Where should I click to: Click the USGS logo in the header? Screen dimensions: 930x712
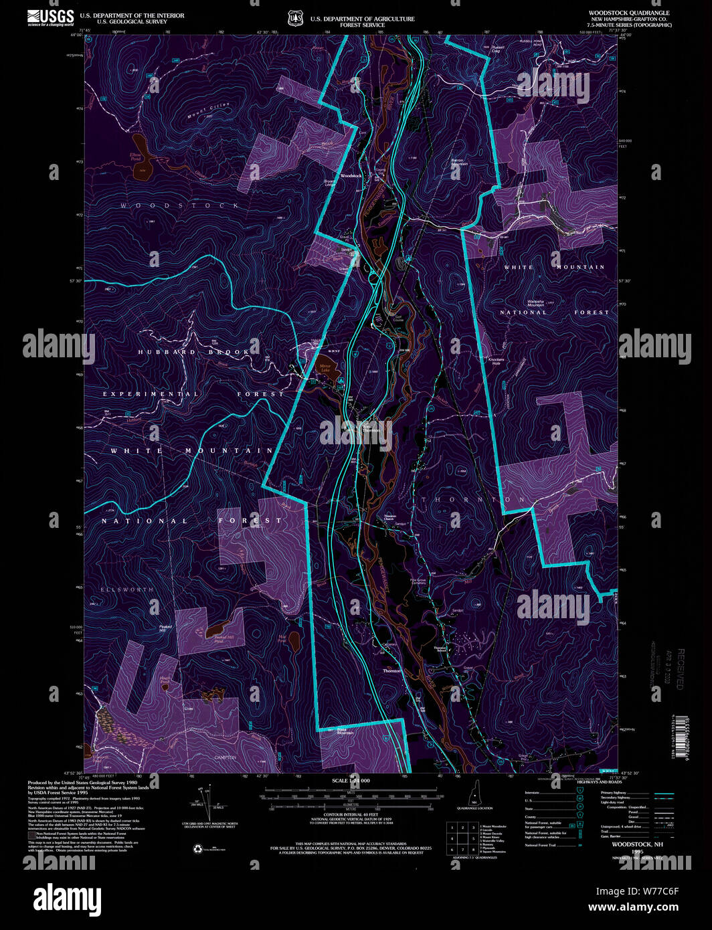(x=50, y=17)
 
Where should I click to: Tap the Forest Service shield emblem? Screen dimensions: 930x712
(x=295, y=18)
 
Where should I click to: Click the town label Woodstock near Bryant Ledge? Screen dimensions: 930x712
(x=351, y=176)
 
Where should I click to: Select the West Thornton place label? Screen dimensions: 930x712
(x=370, y=428)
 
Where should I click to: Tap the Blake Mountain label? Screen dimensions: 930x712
(x=345, y=733)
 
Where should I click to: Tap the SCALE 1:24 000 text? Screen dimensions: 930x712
(x=351, y=781)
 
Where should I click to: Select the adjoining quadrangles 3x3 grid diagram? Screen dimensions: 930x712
(x=462, y=837)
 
